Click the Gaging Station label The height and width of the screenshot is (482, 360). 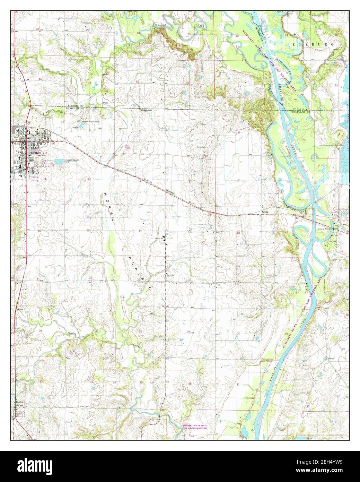coord(325,229)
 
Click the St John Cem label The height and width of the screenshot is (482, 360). coord(84,406)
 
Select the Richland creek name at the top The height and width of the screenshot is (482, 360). coord(159,25)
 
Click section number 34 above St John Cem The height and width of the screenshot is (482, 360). coord(91,382)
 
